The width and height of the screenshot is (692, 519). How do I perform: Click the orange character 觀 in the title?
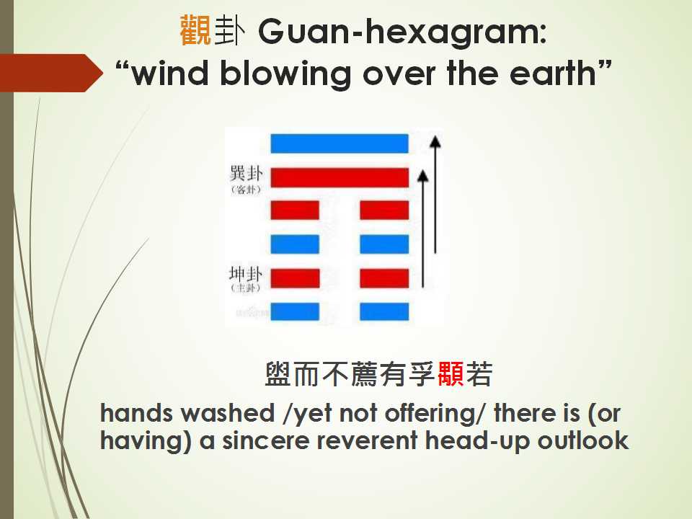[x=194, y=32]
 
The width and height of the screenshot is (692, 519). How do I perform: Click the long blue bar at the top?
[x=340, y=143]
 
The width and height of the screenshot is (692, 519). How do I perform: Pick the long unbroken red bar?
[x=340, y=177]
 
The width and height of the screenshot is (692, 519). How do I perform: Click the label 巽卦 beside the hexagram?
[x=244, y=174]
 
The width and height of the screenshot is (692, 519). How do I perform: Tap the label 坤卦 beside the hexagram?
[x=244, y=275]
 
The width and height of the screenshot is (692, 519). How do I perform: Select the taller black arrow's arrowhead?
[x=435, y=141]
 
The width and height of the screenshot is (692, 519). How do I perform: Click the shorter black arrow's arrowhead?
[x=424, y=174]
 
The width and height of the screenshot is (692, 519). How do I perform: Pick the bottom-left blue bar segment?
[x=295, y=311]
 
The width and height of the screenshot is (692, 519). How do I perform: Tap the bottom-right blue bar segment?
[x=384, y=311]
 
